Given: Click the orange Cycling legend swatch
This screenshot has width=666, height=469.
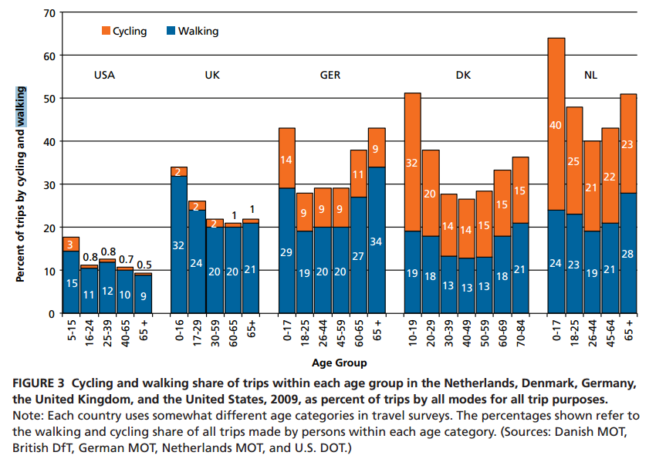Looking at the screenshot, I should [x=106, y=32].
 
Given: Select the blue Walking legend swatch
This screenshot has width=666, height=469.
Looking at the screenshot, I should [x=171, y=32].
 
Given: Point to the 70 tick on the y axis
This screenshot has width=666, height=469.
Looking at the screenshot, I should [x=49, y=13].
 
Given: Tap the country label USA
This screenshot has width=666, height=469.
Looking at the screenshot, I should [x=105, y=76].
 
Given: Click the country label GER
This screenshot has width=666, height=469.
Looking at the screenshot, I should [x=330, y=76].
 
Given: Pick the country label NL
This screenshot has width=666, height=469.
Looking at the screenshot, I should [x=590, y=76].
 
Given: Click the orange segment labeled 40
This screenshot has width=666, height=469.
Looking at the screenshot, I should [x=556, y=124].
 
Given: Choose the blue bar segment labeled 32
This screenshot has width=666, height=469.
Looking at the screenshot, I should [x=179, y=245].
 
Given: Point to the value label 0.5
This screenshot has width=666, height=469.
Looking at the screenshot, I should [x=144, y=264].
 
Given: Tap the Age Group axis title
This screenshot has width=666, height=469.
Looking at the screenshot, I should [x=340, y=362].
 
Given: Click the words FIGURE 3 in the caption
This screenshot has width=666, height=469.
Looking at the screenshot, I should [x=42, y=383].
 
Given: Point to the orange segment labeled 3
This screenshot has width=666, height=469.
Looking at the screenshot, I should [x=71, y=244].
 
